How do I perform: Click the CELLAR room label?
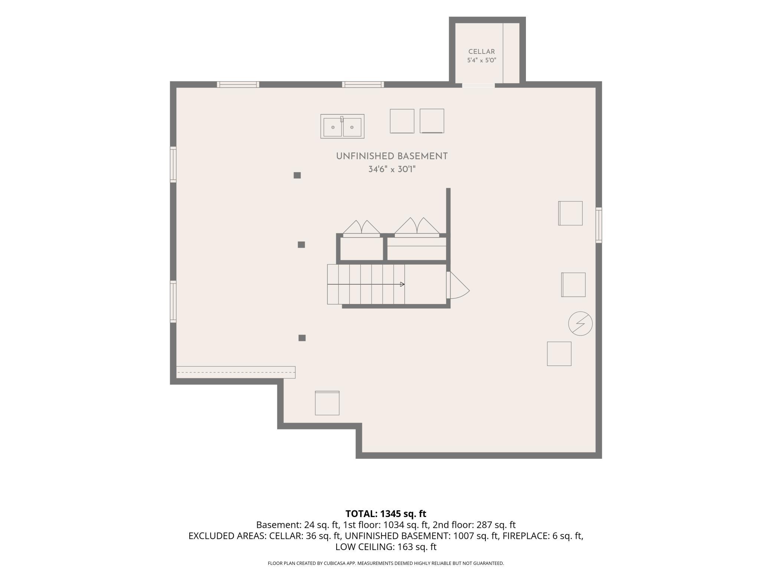(481, 52)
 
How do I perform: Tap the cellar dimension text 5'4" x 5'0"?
(481, 60)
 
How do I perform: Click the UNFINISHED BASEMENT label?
(392, 156)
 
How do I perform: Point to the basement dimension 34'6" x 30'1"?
(392, 169)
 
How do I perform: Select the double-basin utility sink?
(342, 126)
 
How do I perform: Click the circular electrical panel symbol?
(580, 323)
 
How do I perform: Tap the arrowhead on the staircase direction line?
(402, 284)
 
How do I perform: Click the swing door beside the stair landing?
(458, 285)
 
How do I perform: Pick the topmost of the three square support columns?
(297, 175)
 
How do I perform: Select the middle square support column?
(301, 245)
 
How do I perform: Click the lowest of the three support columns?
(302, 338)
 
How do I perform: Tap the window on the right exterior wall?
(599, 225)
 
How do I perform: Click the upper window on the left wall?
(173, 164)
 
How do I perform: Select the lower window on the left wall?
(173, 301)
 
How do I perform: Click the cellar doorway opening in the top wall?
(478, 85)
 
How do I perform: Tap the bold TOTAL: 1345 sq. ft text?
(386, 514)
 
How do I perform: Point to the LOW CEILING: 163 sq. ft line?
(386, 547)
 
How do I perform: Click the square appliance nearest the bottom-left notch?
(327, 403)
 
